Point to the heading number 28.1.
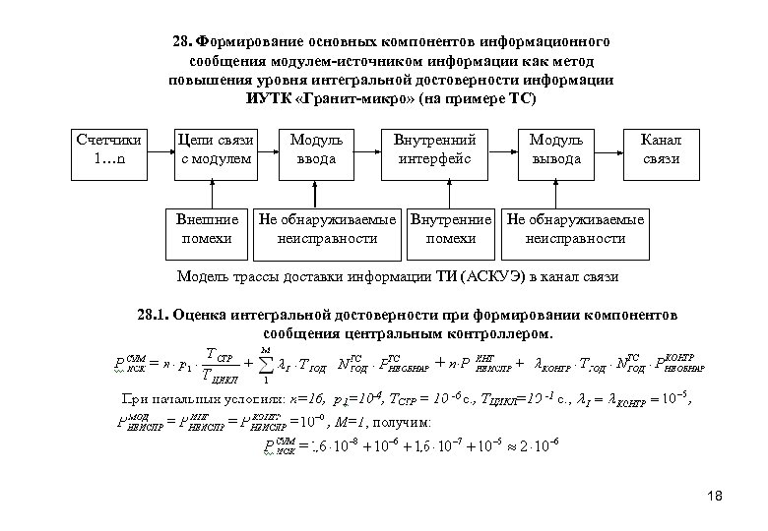155,317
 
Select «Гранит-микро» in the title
361,101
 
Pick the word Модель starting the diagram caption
198,276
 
